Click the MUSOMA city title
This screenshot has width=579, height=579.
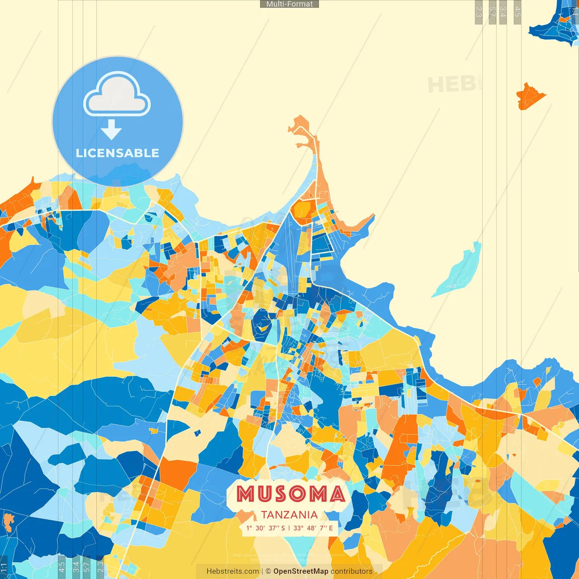(290, 494)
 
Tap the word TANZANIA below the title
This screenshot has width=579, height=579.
(289, 515)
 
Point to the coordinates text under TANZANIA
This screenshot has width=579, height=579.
(289, 528)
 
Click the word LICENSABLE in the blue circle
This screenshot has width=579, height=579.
(118, 153)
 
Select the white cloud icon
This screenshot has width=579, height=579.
(117, 95)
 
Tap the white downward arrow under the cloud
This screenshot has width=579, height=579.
(111, 130)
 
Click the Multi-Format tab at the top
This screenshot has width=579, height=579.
(289, 4)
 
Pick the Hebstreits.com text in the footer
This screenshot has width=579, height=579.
(233, 571)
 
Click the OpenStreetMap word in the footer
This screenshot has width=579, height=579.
(301, 571)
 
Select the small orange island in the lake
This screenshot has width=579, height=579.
(529, 96)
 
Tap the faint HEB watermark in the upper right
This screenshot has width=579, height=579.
(451, 85)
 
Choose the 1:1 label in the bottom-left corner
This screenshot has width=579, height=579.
(4, 567)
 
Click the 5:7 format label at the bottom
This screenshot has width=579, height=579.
(86, 566)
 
